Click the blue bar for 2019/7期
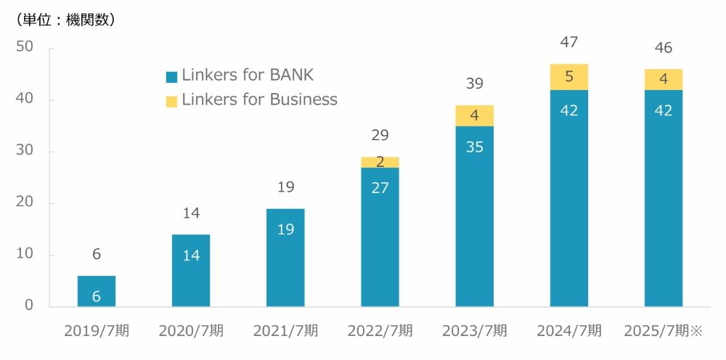click(x=97, y=291)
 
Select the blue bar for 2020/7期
click(x=191, y=270)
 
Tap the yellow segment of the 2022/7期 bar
click(x=380, y=162)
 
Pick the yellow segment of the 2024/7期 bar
click(x=569, y=77)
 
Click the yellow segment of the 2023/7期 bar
click(x=474, y=115)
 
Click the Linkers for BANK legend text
click(x=248, y=75)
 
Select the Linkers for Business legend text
click(x=259, y=99)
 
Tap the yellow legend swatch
click(x=171, y=101)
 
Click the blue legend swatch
click(x=171, y=76)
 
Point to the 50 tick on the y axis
click(x=25, y=47)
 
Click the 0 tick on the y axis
click(x=29, y=306)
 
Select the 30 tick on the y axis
click(x=25, y=151)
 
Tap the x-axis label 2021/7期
click(x=285, y=331)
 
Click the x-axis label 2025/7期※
click(x=664, y=331)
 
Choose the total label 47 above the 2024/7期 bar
click(x=569, y=42)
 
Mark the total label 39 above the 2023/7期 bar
click(x=474, y=83)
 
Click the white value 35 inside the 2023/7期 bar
click(x=474, y=147)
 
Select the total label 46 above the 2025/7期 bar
click(x=663, y=49)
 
